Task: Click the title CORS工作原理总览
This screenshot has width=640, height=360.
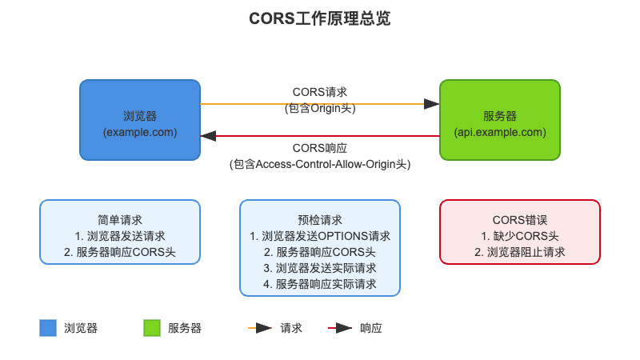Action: [x=319, y=18]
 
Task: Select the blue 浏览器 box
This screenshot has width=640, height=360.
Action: [x=140, y=120]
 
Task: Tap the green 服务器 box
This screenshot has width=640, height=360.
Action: [x=500, y=120]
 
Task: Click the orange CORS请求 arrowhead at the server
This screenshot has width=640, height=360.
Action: [x=432, y=104]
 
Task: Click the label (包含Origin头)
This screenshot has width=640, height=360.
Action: [x=320, y=109]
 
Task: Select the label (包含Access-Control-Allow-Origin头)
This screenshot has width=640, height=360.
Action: [x=320, y=164]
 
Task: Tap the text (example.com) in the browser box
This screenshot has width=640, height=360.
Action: [x=140, y=131]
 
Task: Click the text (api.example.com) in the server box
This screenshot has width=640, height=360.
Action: [x=500, y=131]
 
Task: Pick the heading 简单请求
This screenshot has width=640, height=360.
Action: [x=120, y=220]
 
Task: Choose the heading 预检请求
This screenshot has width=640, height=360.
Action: [x=320, y=220]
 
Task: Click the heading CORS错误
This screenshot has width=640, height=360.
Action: [x=520, y=220]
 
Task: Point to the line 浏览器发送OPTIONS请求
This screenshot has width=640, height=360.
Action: [x=320, y=236]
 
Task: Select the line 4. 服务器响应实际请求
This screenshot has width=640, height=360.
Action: [x=320, y=284]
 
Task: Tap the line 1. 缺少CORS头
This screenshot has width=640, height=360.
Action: [x=520, y=236]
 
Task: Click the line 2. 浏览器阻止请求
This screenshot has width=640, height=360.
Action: [x=520, y=252]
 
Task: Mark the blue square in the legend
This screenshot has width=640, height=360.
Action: [x=48, y=328]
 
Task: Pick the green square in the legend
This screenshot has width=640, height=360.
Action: [x=152, y=328]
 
